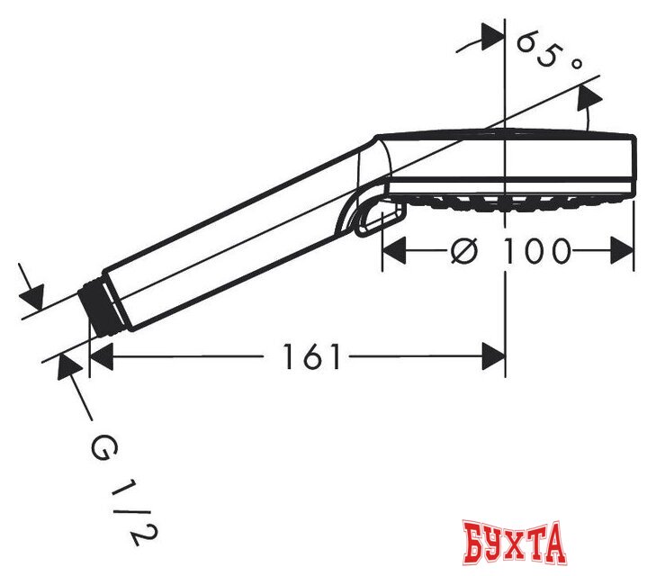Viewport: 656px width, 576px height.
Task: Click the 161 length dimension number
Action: (311, 356)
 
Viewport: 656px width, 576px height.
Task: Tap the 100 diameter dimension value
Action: (536, 251)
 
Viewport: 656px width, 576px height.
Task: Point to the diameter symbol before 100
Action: (464, 251)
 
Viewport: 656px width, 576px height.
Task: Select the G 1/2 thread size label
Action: (124, 491)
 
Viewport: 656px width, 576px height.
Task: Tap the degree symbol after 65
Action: (576, 63)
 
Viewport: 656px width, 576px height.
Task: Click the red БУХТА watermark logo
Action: (515, 543)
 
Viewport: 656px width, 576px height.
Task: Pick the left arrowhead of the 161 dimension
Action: (102, 356)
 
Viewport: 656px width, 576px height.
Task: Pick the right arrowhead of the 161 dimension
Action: (494, 356)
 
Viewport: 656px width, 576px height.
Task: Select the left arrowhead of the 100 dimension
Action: (394, 250)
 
